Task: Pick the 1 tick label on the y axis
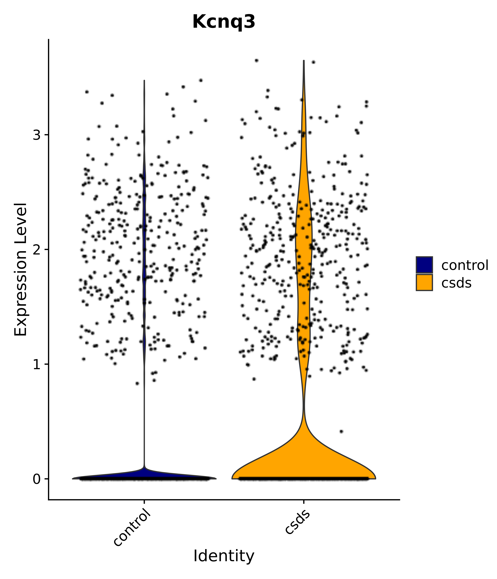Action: pyautogui.click(x=37, y=365)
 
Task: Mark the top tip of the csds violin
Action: pyautogui.click(x=304, y=61)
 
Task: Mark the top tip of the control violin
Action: pyautogui.click(x=144, y=81)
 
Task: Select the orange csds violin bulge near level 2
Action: pyautogui.click(x=304, y=238)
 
